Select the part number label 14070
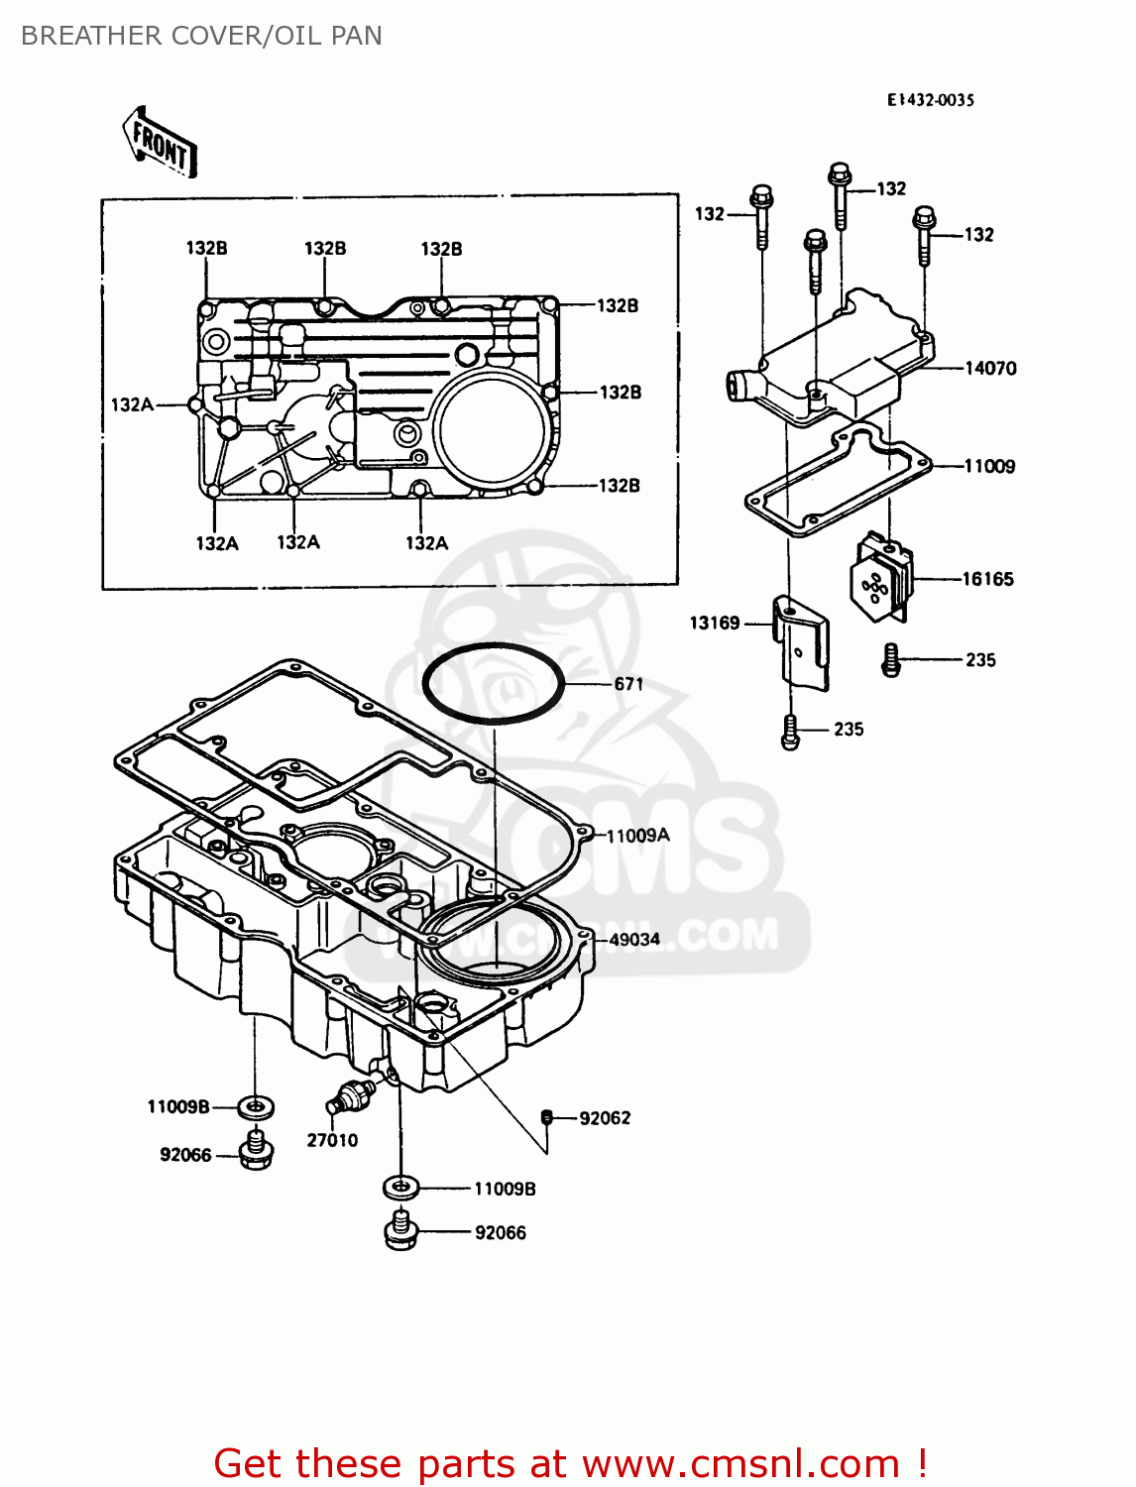990,368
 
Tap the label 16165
987,579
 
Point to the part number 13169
715,623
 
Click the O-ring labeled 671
493,683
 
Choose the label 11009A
637,836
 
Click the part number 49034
634,939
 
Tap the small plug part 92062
546,1117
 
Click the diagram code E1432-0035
930,100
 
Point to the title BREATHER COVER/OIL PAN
201,36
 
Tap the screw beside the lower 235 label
790,732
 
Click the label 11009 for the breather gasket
989,466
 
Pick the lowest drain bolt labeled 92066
399,1231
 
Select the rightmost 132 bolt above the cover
924,235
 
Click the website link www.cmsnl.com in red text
739,1463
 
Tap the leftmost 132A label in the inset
132,404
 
